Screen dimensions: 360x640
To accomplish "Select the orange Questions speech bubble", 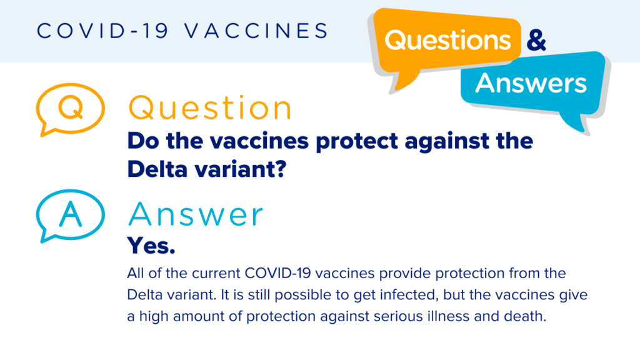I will [x=447, y=40].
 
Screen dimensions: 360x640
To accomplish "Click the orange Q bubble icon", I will [x=69, y=108].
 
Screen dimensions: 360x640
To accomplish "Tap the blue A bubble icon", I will [x=69, y=214].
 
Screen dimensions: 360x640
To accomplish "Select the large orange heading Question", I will [x=210, y=108].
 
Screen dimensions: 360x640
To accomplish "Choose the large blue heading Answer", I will [x=196, y=215].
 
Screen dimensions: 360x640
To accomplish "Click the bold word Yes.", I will [x=151, y=246].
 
